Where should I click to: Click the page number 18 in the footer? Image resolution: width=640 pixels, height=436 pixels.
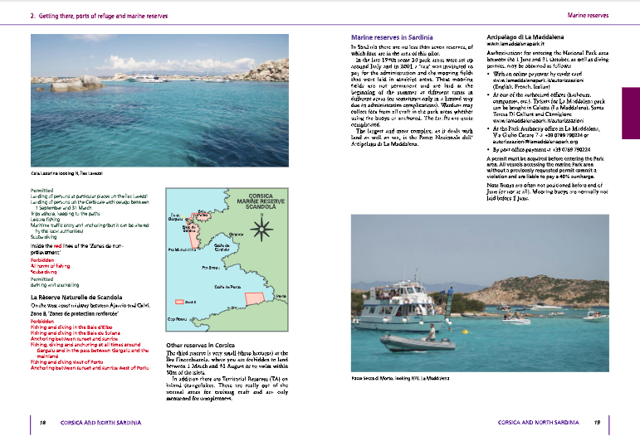(42, 422)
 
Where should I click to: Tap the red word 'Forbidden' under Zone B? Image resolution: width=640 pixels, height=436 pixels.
(42, 319)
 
